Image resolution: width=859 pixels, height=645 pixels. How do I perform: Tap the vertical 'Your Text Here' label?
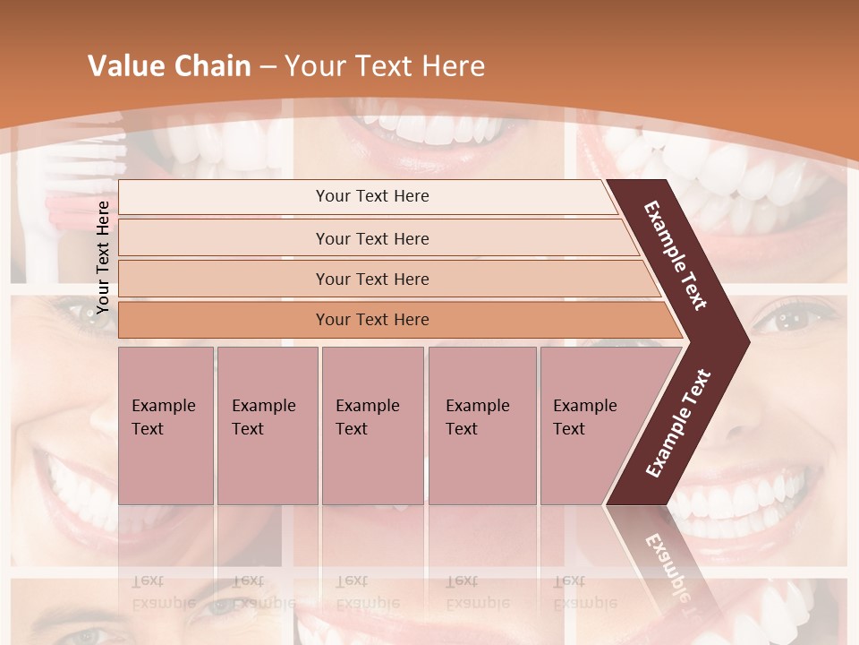pyautogui.click(x=103, y=257)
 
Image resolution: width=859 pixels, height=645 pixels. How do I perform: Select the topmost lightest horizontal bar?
pyautogui.click(x=371, y=196)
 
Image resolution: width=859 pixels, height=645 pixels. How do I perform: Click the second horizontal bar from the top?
pyautogui.click(x=371, y=238)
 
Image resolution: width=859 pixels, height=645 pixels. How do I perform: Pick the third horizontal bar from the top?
pyautogui.click(x=371, y=279)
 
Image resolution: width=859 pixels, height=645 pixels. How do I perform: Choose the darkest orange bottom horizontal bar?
pyautogui.click(x=371, y=320)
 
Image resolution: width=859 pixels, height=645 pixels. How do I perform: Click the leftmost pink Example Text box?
pyautogui.click(x=166, y=425)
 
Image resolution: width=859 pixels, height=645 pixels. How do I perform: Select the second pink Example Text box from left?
pyautogui.click(x=268, y=425)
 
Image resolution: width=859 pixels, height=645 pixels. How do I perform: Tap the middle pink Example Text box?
pyautogui.click(x=372, y=425)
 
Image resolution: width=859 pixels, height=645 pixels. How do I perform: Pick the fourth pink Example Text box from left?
pyautogui.click(x=482, y=425)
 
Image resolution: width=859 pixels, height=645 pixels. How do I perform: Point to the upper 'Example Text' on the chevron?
pyautogui.click(x=676, y=255)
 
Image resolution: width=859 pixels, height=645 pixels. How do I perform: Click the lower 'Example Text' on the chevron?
pyautogui.click(x=678, y=424)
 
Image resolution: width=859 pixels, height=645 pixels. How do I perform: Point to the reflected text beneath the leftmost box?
pyautogui.click(x=162, y=591)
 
